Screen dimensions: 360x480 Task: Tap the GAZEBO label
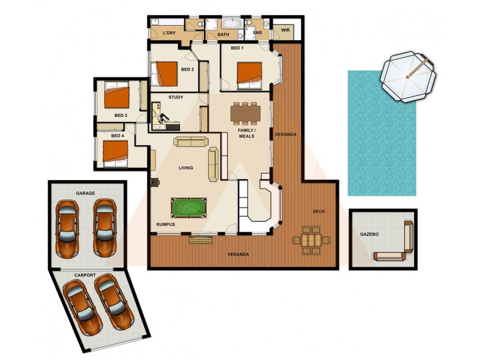point(369,234)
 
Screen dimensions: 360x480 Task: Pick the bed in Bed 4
point(114,151)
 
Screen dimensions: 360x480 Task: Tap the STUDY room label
point(176,97)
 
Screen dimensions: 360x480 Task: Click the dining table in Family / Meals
point(245,112)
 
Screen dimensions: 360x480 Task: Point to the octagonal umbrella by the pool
point(409,77)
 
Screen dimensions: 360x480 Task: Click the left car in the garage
point(67,227)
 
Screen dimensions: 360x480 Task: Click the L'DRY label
point(169,34)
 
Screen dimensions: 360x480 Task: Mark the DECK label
point(319,211)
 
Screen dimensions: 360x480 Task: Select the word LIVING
point(186,168)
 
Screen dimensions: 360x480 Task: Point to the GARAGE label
point(86,194)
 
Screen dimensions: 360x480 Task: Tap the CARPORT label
point(85,275)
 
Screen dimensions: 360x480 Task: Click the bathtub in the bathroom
point(232,25)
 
